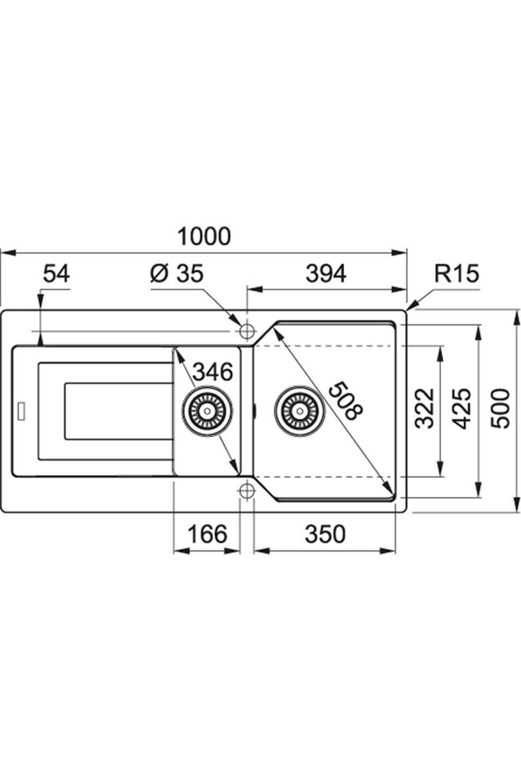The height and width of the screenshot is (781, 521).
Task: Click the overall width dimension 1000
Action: pos(204,237)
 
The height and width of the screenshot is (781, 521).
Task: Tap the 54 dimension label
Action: pos(56,274)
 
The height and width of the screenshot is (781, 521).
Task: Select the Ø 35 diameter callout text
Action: pos(177,274)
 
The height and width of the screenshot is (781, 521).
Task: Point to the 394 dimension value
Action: pos(326,274)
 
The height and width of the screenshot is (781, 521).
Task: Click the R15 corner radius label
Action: pos(456,274)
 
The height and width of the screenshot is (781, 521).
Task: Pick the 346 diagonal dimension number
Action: pos(212,372)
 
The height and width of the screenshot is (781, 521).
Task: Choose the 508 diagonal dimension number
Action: pos(345,400)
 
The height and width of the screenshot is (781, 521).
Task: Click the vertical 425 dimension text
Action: pos(461,408)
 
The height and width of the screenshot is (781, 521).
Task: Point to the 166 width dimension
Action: pos(207,534)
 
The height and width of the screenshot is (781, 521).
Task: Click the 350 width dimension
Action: pos(325,534)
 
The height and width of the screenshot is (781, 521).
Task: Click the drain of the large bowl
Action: pos(299,410)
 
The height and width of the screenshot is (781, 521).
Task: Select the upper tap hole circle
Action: pos(247,331)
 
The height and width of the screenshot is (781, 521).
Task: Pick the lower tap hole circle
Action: pos(247,490)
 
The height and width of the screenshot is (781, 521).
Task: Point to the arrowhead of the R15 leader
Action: pos(409,309)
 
